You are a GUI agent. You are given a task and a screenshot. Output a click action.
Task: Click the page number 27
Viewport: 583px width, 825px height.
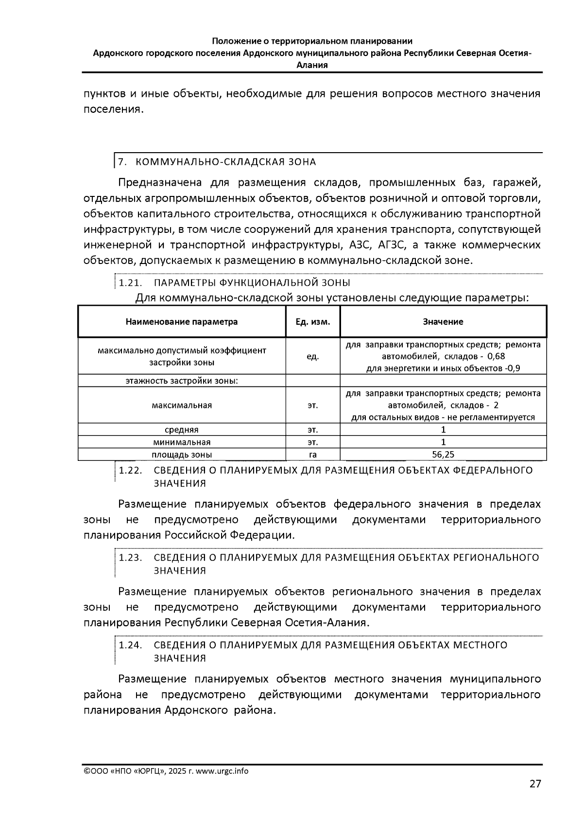[535, 784]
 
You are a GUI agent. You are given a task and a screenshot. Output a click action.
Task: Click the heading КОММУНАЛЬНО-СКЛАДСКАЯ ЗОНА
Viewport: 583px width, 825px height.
[225, 162]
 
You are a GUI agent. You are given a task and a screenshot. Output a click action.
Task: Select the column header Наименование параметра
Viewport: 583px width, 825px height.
[182, 322]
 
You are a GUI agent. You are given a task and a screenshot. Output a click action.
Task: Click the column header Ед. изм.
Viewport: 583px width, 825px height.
[313, 322]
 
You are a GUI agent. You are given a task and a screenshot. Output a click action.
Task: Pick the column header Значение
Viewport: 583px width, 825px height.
[443, 322]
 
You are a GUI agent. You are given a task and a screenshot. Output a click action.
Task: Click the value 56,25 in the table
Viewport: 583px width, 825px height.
[443, 455]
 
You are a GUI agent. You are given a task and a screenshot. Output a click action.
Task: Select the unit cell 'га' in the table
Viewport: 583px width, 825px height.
[313, 455]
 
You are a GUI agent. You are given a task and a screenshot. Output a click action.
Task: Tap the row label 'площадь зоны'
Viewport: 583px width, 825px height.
[182, 455]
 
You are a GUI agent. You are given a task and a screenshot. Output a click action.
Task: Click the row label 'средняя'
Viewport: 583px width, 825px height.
[182, 430]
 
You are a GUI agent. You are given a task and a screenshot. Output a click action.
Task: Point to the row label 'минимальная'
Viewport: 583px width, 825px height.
[182, 442]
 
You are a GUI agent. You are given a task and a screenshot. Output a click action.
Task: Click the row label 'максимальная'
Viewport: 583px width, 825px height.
[182, 405]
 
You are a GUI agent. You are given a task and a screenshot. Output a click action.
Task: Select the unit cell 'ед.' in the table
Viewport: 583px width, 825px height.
[313, 357]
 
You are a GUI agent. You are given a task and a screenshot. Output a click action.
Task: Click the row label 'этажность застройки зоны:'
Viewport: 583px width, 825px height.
[182, 381]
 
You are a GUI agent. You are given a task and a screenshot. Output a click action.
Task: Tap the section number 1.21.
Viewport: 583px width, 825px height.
[130, 283]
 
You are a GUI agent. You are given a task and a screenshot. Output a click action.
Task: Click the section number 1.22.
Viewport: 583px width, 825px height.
[130, 471]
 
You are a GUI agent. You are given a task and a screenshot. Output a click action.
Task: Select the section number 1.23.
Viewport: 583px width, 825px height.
[130, 558]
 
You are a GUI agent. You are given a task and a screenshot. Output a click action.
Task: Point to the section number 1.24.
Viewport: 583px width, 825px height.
[130, 645]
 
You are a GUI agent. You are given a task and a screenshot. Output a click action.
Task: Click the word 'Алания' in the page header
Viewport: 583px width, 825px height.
[312, 65]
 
